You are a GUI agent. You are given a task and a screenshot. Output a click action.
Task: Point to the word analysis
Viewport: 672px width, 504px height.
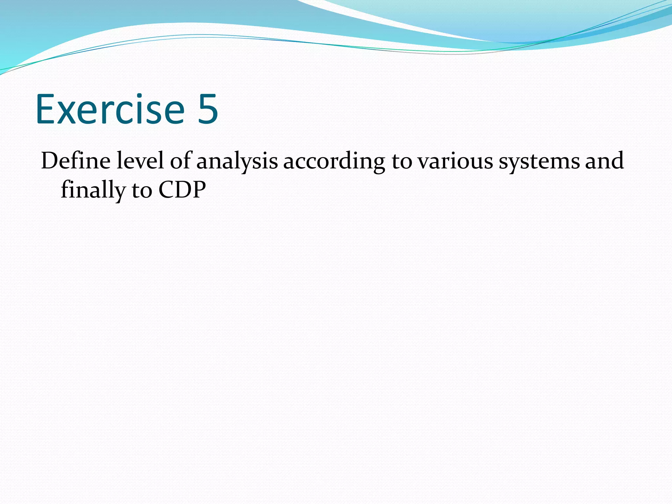(x=237, y=161)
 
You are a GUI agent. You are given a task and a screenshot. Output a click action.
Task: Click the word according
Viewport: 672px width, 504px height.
(x=334, y=161)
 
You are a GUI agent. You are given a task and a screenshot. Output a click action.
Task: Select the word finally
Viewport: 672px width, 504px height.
(x=93, y=190)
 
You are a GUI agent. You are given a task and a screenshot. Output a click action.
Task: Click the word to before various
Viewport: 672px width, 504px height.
(x=402, y=161)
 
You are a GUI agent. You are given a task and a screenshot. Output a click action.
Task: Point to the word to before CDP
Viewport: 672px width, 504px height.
(x=142, y=190)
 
